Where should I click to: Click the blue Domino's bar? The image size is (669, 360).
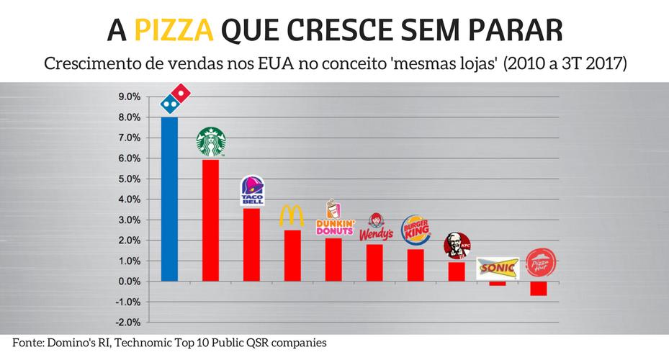pos(169,199)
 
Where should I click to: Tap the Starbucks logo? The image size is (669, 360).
pos(211,142)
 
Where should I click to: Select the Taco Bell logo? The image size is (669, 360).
pos(252,191)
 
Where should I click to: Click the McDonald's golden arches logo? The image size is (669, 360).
pos(292,216)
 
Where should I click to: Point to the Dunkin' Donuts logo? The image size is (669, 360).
pos(335,219)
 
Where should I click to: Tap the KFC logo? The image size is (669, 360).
pos(457,246)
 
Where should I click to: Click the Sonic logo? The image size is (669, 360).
pos(498,268)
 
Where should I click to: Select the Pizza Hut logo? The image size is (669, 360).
pos(539,264)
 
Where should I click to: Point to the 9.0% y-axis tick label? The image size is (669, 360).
pos(129,96)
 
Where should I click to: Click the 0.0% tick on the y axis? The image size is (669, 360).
pos(129,281)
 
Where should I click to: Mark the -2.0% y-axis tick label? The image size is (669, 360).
pos(127,322)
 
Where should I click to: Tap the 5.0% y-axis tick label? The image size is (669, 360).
pos(129,179)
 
